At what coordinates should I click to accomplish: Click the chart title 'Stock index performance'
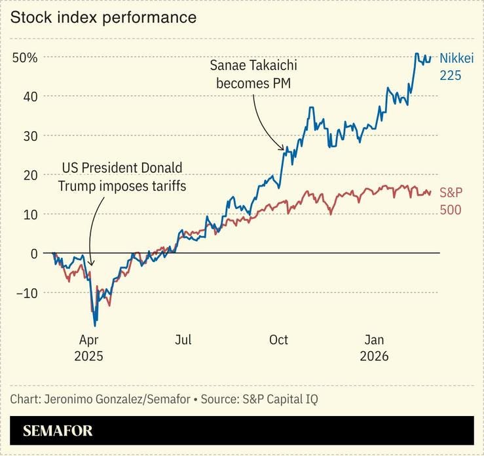(x=103, y=18)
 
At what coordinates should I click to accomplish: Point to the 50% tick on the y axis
(x=25, y=58)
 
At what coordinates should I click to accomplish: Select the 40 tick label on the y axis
(x=30, y=96)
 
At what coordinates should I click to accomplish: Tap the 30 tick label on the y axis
(x=30, y=136)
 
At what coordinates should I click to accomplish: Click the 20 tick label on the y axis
(x=30, y=175)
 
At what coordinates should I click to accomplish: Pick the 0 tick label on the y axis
(x=34, y=254)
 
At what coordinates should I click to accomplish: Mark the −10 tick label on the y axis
(x=26, y=293)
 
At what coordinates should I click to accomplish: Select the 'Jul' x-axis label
(x=183, y=340)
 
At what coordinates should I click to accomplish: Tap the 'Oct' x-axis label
(x=278, y=340)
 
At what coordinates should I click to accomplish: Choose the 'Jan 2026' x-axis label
(x=374, y=348)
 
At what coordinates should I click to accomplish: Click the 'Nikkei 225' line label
(x=456, y=66)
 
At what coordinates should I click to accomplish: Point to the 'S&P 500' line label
(x=450, y=201)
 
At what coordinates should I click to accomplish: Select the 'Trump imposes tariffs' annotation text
(x=122, y=177)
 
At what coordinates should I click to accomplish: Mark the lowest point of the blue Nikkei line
(x=96, y=326)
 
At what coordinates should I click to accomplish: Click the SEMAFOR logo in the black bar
(x=58, y=430)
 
